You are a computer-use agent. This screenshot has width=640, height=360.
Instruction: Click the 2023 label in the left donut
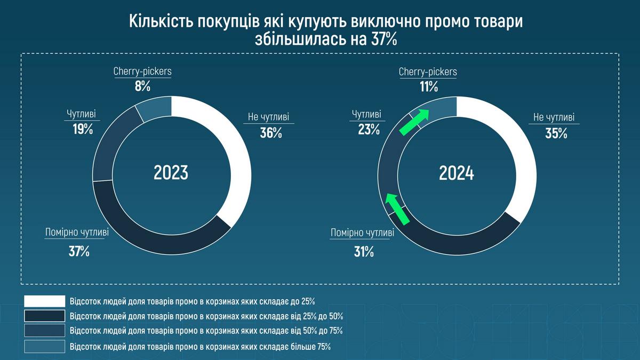tap(171, 173)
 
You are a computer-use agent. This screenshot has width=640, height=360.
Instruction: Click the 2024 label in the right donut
tap(457, 173)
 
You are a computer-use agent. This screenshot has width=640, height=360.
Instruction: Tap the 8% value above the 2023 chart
tap(142, 86)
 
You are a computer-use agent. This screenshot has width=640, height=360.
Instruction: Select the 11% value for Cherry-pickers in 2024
tap(428, 86)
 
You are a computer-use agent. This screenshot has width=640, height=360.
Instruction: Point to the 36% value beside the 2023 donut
tap(271, 133)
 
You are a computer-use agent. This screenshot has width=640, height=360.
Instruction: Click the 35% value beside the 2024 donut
tap(556, 133)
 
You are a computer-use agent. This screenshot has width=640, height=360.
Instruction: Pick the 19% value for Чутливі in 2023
tap(83, 129)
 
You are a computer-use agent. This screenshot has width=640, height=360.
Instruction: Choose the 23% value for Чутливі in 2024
tap(369, 129)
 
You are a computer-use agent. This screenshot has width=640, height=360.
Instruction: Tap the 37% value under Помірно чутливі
tap(78, 251)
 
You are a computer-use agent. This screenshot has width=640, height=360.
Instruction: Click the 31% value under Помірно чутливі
tap(364, 251)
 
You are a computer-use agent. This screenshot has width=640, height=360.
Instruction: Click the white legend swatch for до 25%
tap(44, 300)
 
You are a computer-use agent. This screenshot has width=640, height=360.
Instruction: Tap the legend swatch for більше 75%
tap(44, 347)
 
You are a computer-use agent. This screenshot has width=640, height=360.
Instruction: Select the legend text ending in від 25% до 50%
tap(206, 316)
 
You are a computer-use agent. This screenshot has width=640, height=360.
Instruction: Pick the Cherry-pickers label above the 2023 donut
tap(142, 71)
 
